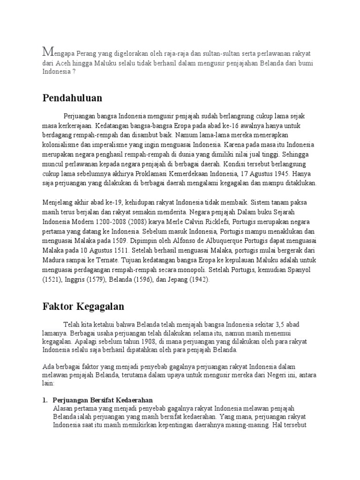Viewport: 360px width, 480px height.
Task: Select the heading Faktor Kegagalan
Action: pos(83,307)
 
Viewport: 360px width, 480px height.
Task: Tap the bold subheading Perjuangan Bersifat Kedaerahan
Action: pos(103,400)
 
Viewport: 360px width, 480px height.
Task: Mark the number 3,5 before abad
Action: pos(282,323)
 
